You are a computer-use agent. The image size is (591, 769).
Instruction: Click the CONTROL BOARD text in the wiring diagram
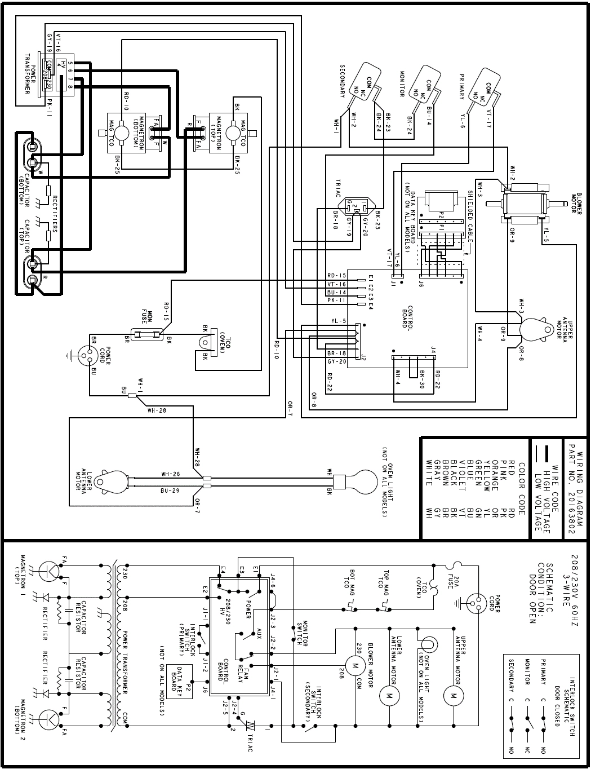pos(405,317)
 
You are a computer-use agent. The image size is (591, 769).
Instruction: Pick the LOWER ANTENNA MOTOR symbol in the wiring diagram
pos(110,481)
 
